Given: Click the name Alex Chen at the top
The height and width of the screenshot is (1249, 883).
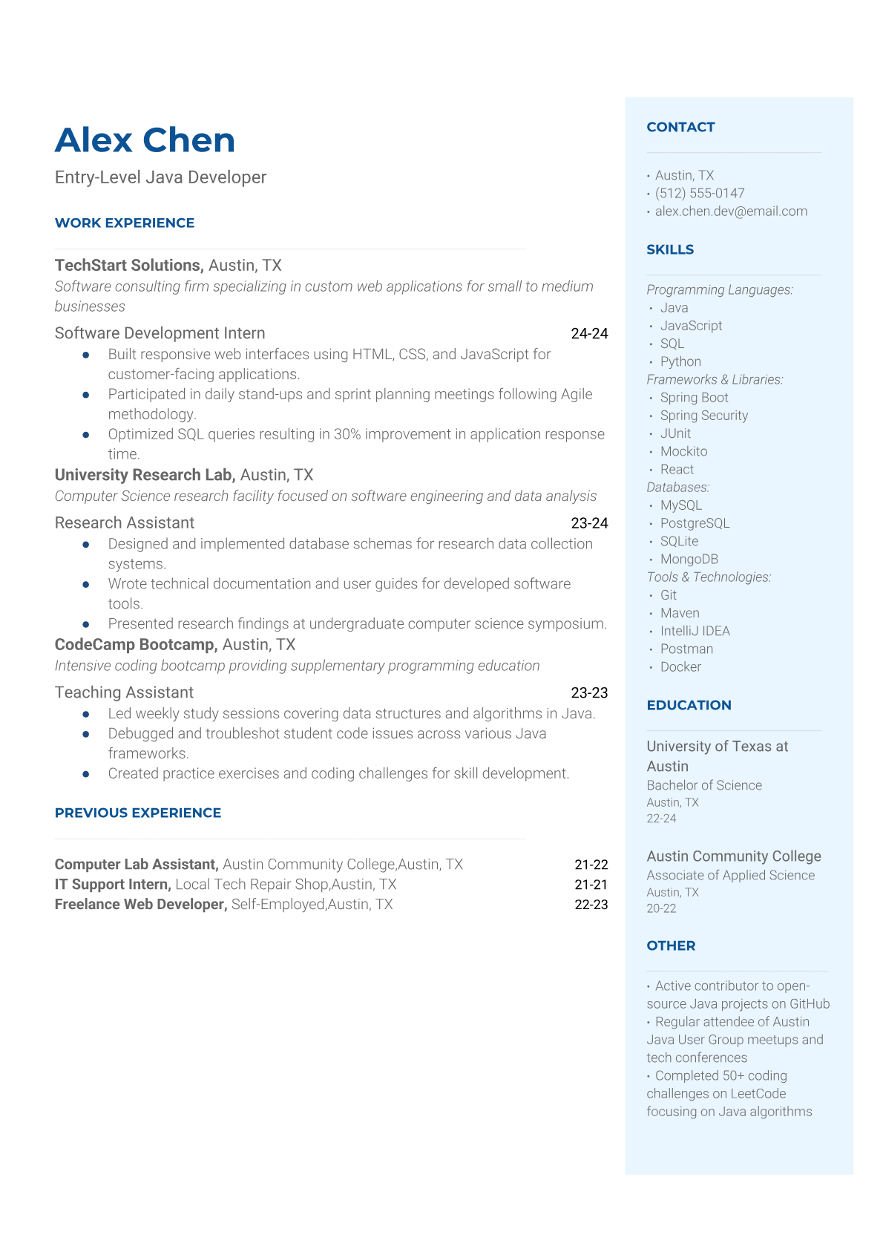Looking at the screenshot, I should click(145, 140).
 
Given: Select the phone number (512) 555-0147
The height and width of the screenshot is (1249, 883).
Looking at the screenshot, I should click(699, 194).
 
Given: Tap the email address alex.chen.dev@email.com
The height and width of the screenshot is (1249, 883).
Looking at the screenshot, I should click(731, 212).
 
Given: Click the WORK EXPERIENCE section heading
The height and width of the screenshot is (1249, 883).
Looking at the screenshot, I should click(125, 223).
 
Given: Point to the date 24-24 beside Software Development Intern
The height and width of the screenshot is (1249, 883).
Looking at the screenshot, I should click(589, 334).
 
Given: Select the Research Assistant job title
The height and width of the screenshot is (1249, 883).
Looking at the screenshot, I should click(125, 523).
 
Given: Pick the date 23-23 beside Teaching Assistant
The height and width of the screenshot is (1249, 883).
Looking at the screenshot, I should click(589, 693).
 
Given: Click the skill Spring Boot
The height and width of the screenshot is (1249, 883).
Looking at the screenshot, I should click(694, 398).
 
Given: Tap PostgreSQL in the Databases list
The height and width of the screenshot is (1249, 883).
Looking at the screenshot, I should click(695, 523).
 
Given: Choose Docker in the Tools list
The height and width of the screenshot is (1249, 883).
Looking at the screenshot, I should click(680, 667).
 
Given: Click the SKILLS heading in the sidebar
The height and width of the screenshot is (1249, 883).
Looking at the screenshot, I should click(670, 250).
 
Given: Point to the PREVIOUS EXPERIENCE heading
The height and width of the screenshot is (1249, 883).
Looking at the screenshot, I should click(138, 813).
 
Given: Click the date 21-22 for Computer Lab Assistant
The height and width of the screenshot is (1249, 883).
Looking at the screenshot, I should click(591, 865).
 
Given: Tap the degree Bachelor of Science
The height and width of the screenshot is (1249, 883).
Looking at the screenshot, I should click(704, 785).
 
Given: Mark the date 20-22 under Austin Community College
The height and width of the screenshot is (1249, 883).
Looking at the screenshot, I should click(661, 908).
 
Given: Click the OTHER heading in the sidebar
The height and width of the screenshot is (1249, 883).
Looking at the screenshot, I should click(671, 946).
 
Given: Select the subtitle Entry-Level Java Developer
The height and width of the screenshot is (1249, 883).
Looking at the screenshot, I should click(160, 177).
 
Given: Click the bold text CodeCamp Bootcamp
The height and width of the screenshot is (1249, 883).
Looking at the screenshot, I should click(136, 645).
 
